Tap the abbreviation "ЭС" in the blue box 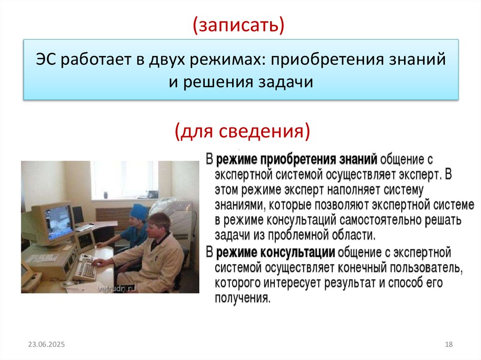[47, 61]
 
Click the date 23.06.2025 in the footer [46, 345]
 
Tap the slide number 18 [448, 345]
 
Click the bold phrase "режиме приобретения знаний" [297, 160]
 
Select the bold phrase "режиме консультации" [276, 253]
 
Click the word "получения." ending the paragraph [243, 298]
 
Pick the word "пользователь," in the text [418, 268]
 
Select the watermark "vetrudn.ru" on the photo [116, 289]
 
